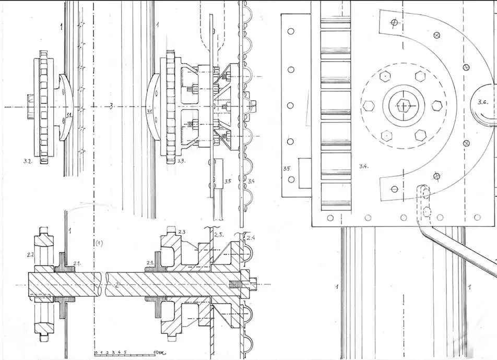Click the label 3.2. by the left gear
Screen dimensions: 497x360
point(28,161)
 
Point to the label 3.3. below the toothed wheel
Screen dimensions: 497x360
point(181,161)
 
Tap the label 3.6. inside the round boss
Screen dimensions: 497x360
point(483,102)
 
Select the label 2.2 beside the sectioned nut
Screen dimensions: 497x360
point(31,254)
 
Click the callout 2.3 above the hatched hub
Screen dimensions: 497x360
point(182,232)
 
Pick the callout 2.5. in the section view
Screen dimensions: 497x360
point(219,235)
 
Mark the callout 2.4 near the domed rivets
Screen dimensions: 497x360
point(251,237)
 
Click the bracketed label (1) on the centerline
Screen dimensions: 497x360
point(99,243)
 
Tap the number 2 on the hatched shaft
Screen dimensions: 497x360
point(116,285)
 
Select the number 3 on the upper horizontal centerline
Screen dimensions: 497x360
point(111,107)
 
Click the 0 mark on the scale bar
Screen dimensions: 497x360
point(96,352)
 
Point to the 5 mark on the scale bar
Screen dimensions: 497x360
point(125,352)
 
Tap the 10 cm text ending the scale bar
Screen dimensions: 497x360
point(160,352)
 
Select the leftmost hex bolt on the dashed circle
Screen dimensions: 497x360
point(369,105)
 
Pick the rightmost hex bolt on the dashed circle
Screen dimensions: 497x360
point(437,105)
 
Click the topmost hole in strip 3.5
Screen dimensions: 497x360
point(291,31)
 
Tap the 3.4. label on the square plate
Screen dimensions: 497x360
point(363,166)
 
